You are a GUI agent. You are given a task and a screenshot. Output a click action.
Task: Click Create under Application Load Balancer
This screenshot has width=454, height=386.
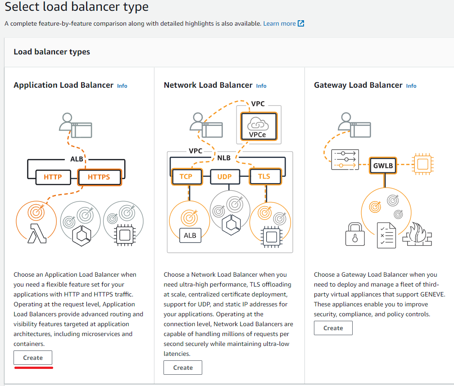(x=33, y=358)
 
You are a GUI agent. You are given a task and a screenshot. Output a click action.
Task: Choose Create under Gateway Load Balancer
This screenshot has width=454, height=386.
(x=333, y=328)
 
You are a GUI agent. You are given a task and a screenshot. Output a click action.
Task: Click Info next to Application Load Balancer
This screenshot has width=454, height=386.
(x=122, y=85)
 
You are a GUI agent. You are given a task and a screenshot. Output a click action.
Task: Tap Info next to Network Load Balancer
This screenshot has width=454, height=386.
(x=261, y=85)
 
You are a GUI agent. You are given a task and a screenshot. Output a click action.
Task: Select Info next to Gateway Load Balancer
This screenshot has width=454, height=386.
(x=411, y=85)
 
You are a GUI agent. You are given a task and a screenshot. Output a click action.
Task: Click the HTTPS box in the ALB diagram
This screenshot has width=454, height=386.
(x=99, y=177)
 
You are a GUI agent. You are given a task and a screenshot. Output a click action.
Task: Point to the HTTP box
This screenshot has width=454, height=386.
(x=53, y=177)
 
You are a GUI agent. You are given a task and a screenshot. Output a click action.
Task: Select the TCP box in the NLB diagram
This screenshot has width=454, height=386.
(x=186, y=176)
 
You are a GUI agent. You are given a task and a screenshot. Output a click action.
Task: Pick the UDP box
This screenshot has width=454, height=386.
(x=224, y=176)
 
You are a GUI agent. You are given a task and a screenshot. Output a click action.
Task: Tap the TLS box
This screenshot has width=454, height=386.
(x=264, y=176)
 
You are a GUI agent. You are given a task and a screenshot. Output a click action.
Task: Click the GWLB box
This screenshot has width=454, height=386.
(x=383, y=166)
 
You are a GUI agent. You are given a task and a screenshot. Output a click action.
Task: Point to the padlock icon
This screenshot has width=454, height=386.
(x=354, y=234)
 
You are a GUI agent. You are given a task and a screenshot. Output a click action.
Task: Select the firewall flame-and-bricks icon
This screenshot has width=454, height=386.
(x=417, y=234)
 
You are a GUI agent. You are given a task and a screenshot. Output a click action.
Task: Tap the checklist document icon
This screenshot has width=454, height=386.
(x=386, y=234)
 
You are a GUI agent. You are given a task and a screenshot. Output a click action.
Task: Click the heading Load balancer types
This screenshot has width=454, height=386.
(x=52, y=52)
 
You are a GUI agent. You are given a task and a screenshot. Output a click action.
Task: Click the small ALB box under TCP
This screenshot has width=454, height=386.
(x=190, y=235)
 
